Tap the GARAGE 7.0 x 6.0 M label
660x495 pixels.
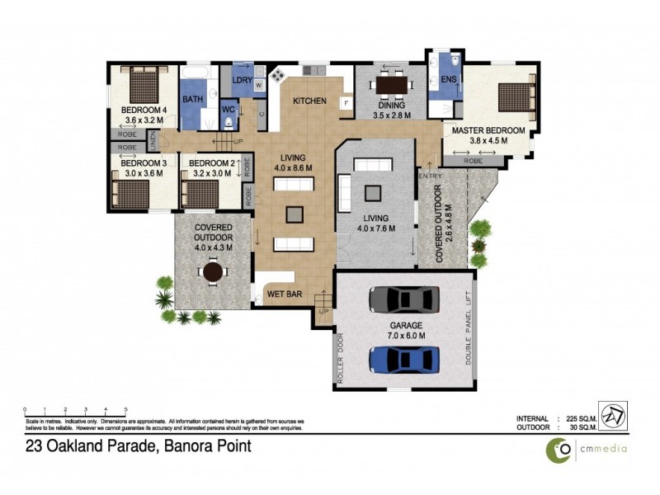point(407,331)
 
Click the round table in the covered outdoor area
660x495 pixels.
point(214,271)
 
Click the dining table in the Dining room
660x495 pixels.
point(390,84)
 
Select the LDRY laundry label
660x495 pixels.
point(242,80)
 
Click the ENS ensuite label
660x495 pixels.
point(448,80)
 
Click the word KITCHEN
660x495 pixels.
point(310,101)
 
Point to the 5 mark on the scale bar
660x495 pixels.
point(125,409)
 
